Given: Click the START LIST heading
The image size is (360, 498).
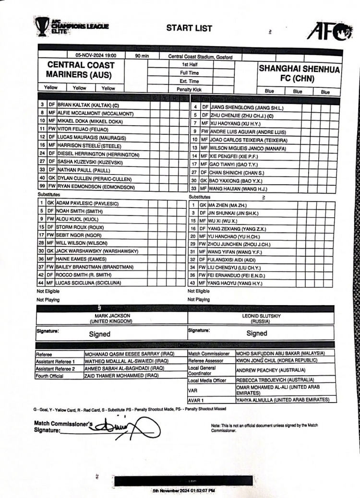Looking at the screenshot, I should [189, 28].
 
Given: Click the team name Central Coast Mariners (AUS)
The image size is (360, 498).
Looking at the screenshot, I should [81, 70].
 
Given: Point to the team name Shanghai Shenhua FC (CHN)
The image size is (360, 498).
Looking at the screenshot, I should [300, 73].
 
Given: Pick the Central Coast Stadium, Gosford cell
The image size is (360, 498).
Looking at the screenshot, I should [201, 56].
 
